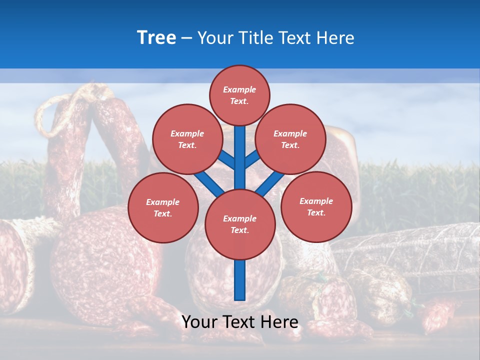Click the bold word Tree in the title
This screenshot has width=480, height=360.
tap(156, 38)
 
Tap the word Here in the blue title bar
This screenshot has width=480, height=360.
tap(335, 38)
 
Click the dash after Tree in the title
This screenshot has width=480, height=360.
tap(186, 38)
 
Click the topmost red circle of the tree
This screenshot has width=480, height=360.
tap(239, 95)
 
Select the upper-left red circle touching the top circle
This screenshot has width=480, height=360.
tap(187, 139)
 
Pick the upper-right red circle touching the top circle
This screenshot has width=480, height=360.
tap(290, 139)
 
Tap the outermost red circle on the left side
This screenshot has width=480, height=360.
tap(162, 207)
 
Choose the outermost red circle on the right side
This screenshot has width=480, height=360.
tap(316, 206)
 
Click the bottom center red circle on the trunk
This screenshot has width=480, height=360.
tap(239, 224)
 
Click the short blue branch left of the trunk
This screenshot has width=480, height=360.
tap(227, 159)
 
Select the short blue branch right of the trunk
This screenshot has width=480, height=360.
tap(252, 159)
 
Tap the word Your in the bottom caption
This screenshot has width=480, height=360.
tap(199, 322)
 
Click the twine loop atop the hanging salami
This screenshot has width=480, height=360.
tap(55, 112)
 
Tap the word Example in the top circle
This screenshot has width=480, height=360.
tap(239, 90)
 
